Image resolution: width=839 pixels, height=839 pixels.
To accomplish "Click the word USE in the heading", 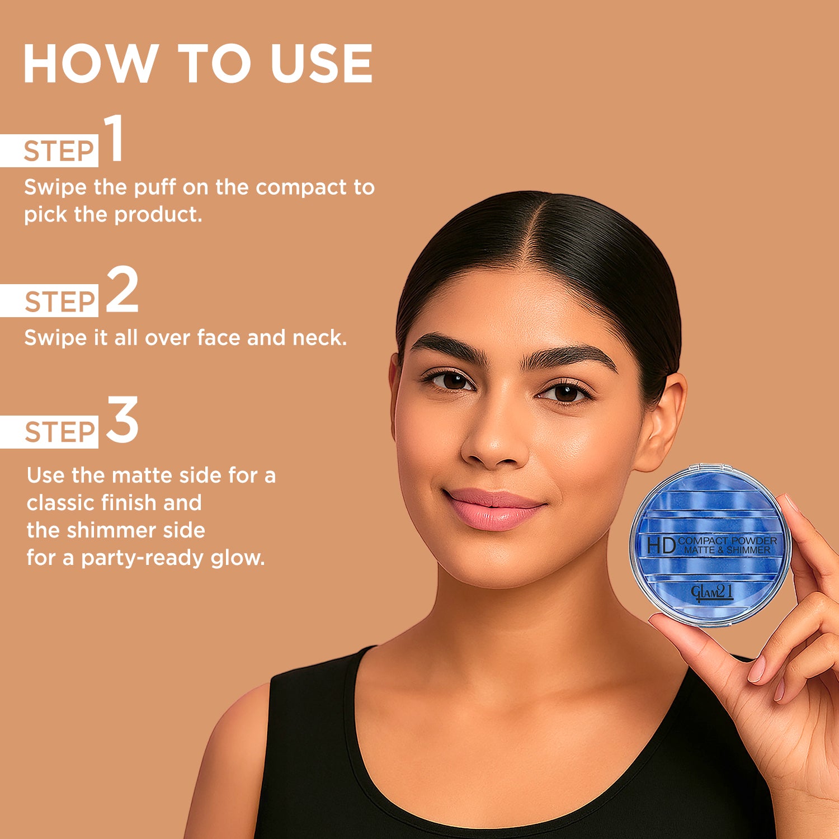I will pos(322,64).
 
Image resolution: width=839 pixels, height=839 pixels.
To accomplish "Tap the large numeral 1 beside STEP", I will pos(114,138).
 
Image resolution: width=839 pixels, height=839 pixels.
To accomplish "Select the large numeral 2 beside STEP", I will pos(121,289).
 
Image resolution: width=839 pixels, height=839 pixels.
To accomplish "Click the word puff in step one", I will pos(155,187).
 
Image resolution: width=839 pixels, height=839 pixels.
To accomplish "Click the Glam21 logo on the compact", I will pos(711,592).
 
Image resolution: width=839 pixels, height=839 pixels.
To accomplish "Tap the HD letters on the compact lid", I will pos(661,545).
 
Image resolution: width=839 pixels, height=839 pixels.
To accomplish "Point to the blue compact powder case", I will pos(710,545).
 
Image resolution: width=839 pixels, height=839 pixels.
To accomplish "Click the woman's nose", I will pos(495,442).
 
